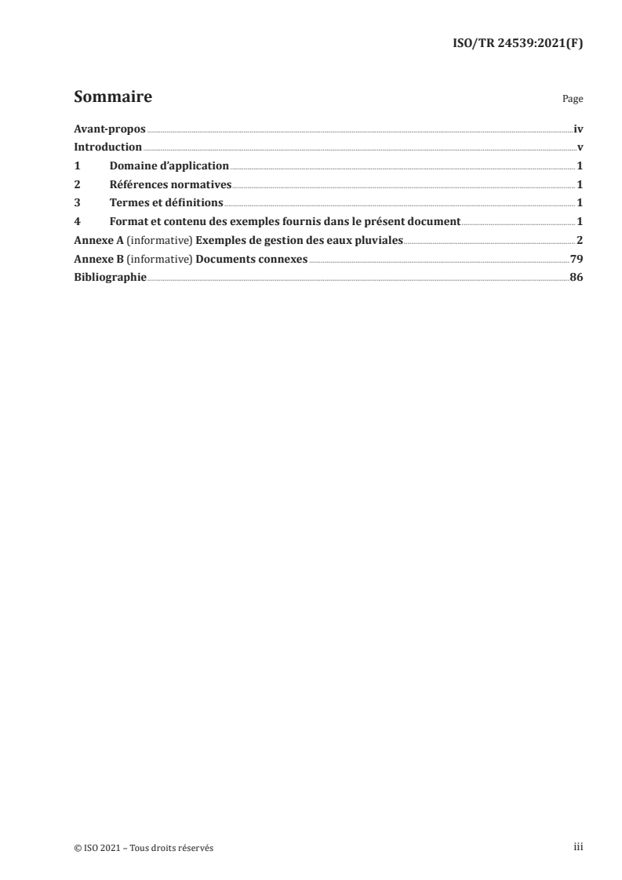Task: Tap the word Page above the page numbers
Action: [573, 100]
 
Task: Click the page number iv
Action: [578, 129]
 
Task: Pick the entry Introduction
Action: [107, 147]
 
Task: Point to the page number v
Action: [580, 147]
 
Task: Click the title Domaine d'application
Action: [169, 165]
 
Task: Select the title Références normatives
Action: [170, 184]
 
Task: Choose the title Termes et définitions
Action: [166, 202]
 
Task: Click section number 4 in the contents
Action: [77, 221]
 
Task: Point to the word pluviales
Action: [379, 240]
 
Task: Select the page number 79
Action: [576, 258]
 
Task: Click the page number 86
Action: [576, 277]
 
